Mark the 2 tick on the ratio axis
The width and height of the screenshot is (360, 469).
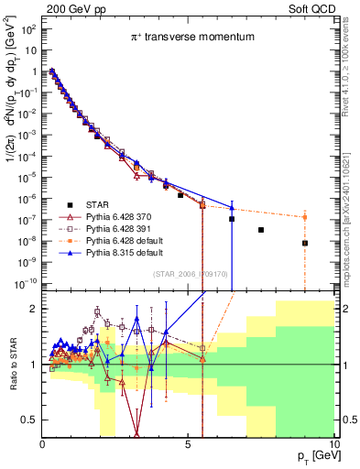point(34,309)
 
